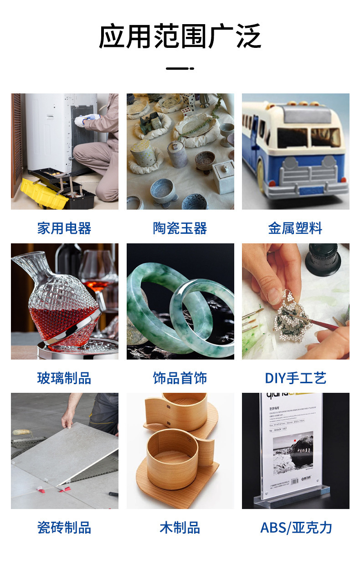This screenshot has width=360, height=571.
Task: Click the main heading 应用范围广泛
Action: tap(180, 36)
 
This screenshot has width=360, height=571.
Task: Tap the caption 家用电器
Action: tap(64, 228)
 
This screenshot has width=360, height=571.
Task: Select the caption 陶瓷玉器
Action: tap(180, 228)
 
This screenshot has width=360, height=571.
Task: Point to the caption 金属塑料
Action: tap(295, 228)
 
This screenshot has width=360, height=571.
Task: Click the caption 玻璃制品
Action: tap(64, 378)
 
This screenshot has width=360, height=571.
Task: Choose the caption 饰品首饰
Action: tap(180, 378)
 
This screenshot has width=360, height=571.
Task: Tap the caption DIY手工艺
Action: tap(295, 378)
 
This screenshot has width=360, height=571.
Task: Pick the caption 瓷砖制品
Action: tap(64, 528)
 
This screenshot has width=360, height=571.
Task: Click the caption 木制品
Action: tap(180, 528)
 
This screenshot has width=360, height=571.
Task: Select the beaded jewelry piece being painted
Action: tap(287, 310)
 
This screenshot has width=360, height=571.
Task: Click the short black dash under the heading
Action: tap(180, 68)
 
